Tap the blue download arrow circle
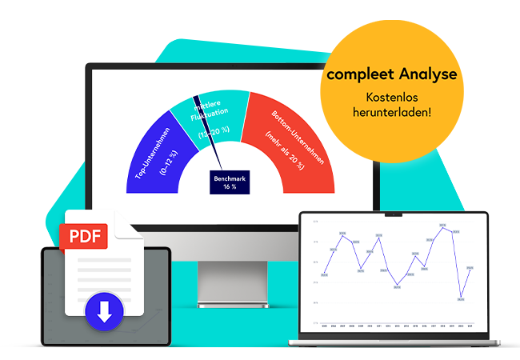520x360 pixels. pos(104,309)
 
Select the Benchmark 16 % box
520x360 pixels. pos(230,182)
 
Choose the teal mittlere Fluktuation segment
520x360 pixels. pos(210,120)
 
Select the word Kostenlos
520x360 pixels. pos(392,97)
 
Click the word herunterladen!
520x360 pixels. pos(392,112)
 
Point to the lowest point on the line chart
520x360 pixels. pos(461,298)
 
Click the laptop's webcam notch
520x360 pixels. pos(393,214)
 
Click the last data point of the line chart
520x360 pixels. pos(470,268)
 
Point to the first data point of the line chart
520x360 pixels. pos(323,275)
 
